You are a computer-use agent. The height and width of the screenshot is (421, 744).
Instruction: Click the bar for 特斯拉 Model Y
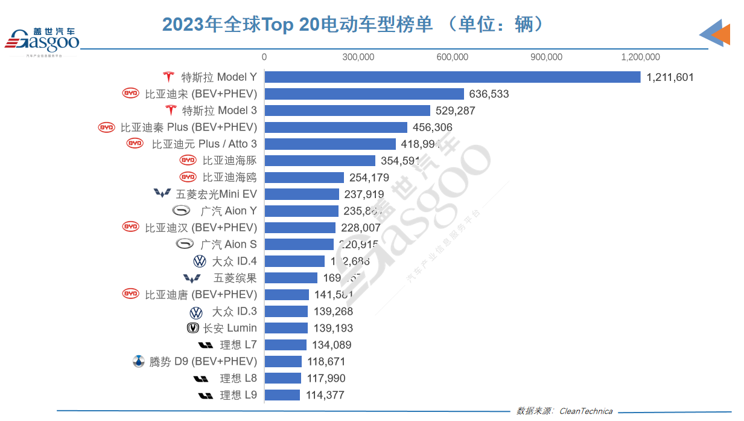coord(453,77)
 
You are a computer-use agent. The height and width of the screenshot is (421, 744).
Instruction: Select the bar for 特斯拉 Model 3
coord(348,111)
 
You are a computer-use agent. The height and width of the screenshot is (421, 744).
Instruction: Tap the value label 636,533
coord(488,94)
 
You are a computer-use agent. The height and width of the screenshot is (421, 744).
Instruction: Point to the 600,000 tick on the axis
coord(452,57)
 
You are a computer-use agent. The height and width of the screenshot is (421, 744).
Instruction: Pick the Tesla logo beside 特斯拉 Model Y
coord(168,77)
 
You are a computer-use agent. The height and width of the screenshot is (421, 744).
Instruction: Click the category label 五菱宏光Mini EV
coord(216,194)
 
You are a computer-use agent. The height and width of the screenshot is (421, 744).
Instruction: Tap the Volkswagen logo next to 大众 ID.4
coord(199,262)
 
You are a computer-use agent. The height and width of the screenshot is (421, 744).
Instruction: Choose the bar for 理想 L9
coord(282,395)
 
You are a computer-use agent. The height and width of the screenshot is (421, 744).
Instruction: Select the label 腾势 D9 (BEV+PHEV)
coord(203,362)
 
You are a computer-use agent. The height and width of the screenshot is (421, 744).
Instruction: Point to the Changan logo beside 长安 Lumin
coord(193,328)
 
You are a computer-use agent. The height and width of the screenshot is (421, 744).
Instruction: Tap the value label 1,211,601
coord(670,77)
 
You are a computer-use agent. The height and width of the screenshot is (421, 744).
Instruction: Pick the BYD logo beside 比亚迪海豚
coord(188,160)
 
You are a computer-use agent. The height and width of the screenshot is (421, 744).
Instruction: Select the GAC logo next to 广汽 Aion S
coord(185,244)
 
